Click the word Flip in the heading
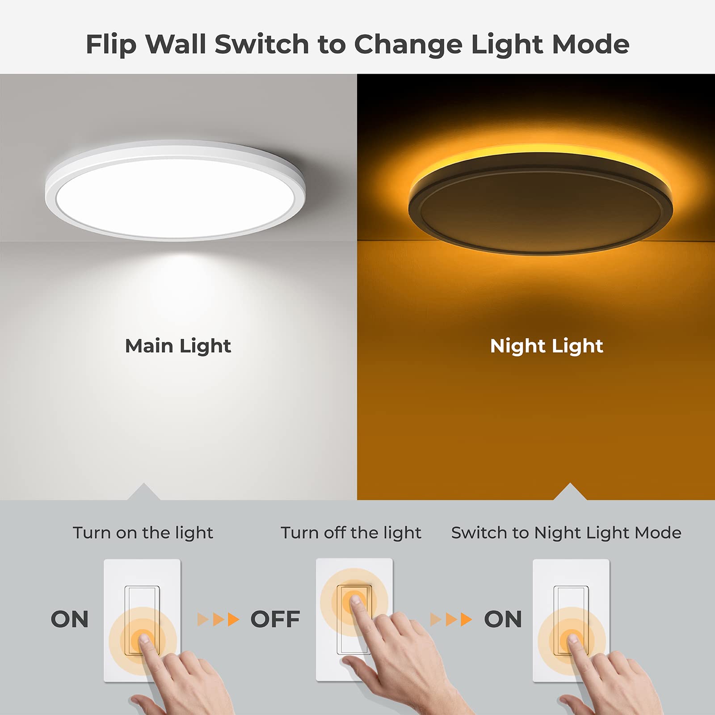point(110,45)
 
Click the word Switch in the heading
point(261,44)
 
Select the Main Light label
point(178,346)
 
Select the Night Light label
point(547,346)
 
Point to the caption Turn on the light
point(143,533)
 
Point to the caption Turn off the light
point(351,533)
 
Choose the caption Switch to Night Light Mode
point(566,533)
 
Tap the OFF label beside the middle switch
point(275,619)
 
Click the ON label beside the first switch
point(70,619)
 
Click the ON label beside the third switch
point(503,619)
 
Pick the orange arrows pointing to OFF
point(219,619)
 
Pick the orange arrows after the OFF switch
point(451,619)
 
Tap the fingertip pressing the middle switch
point(356,600)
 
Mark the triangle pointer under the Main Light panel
point(143,492)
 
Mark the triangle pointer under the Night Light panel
point(570,492)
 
